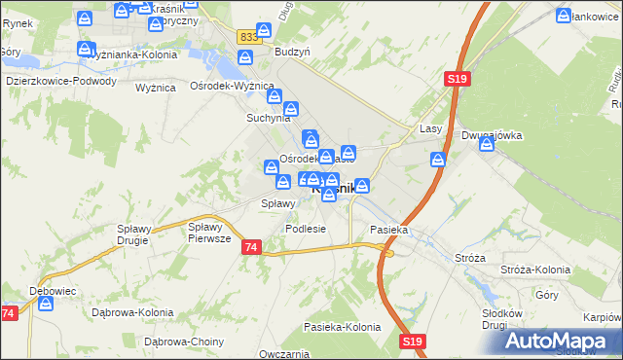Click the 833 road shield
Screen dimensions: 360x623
click(248, 36)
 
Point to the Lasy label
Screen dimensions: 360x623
click(431, 128)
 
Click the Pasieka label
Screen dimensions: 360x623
click(388, 230)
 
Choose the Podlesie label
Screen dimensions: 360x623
click(305, 229)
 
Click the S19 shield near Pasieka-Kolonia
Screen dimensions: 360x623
click(412, 341)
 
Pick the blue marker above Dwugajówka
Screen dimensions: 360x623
click(439, 159)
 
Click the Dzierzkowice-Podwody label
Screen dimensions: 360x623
click(61, 82)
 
